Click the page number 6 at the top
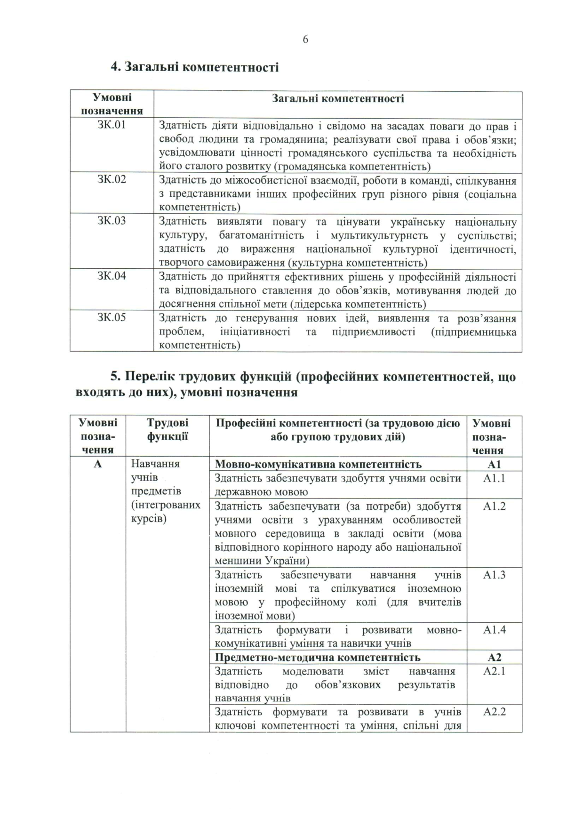pyautogui.click(x=305, y=40)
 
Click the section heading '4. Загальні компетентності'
pyautogui.click(x=194, y=67)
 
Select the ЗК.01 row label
pyautogui.click(x=112, y=125)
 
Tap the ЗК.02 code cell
pyautogui.click(x=112, y=179)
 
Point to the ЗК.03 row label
pyautogui.click(x=112, y=221)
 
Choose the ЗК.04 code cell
pyautogui.click(x=112, y=276)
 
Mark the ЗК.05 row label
pyautogui.click(x=112, y=317)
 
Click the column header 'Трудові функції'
pyautogui.click(x=167, y=429)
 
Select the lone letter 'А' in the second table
pyautogui.click(x=98, y=464)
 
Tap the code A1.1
pyautogui.click(x=494, y=478)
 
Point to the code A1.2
pyautogui.click(x=494, y=506)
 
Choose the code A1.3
pyautogui.click(x=494, y=575)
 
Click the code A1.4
pyautogui.click(x=494, y=630)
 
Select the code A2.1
pyautogui.click(x=494, y=671)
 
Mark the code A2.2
pyautogui.click(x=494, y=712)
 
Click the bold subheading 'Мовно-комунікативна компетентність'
pyautogui.click(x=318, y=465)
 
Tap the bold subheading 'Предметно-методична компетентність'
pyautogui.click(x=318, y=657)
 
